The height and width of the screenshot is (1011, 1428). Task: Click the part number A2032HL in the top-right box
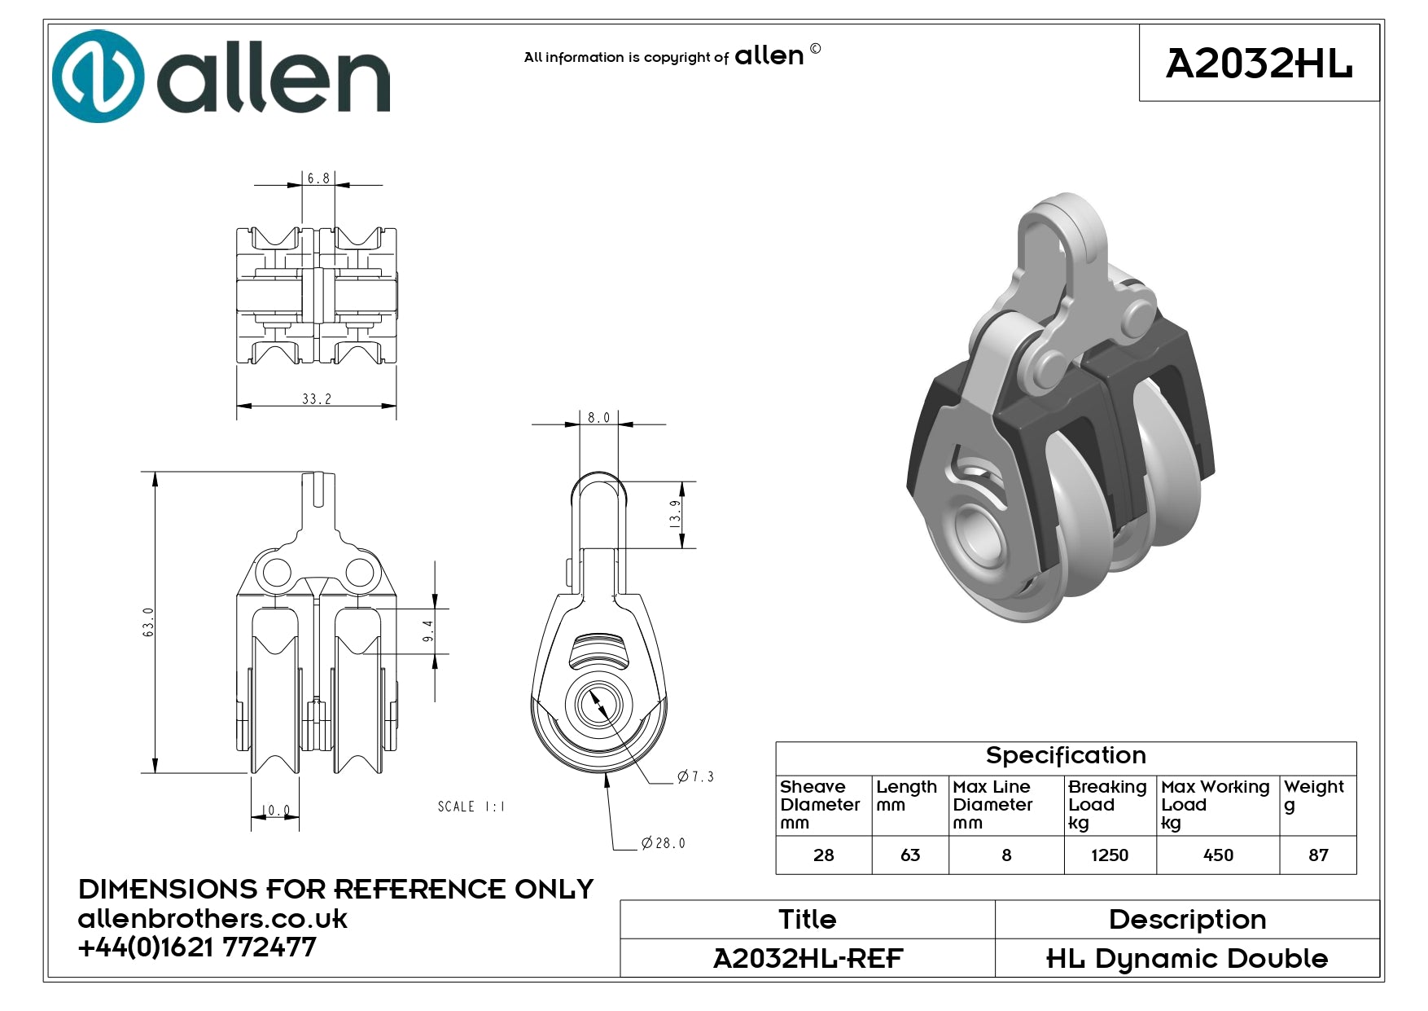[1259, 64]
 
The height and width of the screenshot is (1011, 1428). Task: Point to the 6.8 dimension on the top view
[318, 178]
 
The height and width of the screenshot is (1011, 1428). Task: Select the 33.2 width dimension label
[317, 398]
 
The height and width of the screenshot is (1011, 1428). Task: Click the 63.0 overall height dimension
[148, 622]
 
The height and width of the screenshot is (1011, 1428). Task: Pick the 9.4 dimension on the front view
[428, 631]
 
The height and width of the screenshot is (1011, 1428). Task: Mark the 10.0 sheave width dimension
[275, 811]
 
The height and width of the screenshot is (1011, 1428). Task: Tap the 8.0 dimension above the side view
[598, 417]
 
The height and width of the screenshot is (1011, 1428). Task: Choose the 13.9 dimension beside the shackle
[675, 514]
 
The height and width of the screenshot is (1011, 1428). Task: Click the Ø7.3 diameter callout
[695, 776]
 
